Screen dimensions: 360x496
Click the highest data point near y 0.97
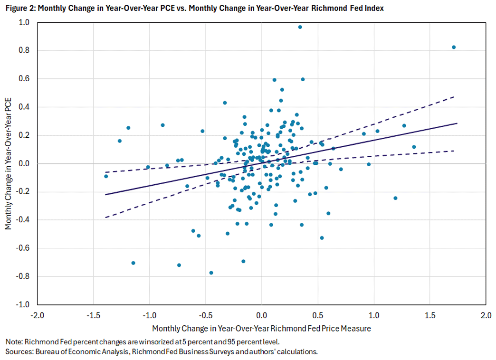tap(300, 27)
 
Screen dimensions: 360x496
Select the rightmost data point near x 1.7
tap(454, 47)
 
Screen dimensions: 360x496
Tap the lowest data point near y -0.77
tap(211, 273)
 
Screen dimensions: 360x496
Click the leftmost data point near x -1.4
tap(106, 176)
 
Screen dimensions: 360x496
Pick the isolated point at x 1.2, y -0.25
tap(395, 198)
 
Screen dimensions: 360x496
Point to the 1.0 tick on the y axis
tap(24, 22)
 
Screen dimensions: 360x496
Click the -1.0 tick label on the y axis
tap(23, 304)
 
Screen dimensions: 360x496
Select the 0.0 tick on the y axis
tap(24, 163)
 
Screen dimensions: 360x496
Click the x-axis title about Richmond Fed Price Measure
tap(261, 329)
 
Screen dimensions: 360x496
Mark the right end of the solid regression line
tap(457, 123)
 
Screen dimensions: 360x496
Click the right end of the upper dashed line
tap(455, 96)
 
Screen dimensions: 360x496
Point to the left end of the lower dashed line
tap(105, 218)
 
